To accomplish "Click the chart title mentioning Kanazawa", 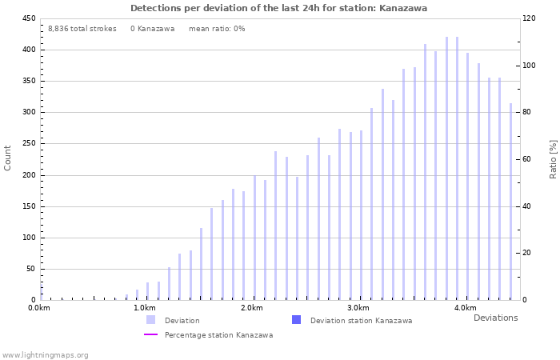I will pyautogui.click(x=278, y=8).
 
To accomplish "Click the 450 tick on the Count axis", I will pyautogui.click(x=28, y=18).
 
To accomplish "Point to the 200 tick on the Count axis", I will pyautogui.click(x=28, y=175).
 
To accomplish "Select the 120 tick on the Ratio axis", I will pyautogui.click(x=530, y=18).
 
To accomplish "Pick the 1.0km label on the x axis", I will pyautogui.click(x=145, y=308).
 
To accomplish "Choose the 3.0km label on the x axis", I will pyautogui.click(x=358, y=308).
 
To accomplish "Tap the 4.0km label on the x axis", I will pyautogui.click(x=465, y=308).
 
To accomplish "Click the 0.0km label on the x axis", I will pyautogui.click(x=38, y=308).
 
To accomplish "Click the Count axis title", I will pyautogui.click(x=8, y=158).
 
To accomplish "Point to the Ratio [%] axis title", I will pyautogui.click(x=553, y=158).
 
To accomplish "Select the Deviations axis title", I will pyautogui.click(x=495, y=318).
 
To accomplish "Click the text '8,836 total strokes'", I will pyautogui.click(x=82, y=29).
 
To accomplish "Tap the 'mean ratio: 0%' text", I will pyautogui.click(x=217, y=29).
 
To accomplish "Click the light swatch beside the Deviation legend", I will pyautogui.click(x=150, y=320).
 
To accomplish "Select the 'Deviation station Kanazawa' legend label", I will pyautogui.click(x=361, y=321).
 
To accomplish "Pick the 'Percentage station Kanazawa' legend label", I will pyautogui.click(x=218, y=335).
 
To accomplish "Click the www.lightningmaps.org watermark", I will pyautogui.click(x=45, y=354).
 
